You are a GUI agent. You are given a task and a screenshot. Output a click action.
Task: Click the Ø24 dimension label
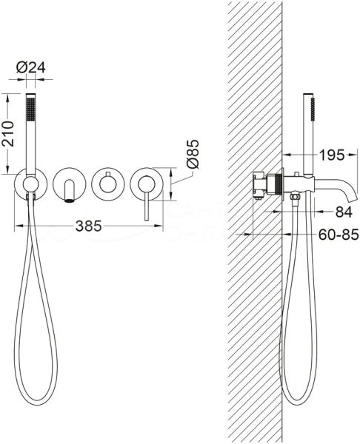tap(31, 67)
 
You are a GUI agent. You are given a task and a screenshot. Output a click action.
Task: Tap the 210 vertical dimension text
tap(7, 134)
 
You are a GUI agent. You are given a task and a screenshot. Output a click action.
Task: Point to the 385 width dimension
tap(88, 226)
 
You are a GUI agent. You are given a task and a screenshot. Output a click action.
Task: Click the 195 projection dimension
tap(332, 155)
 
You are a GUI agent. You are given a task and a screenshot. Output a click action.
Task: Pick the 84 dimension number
tap(344, 212)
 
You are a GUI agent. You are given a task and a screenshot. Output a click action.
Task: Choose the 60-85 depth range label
tap(339, 235)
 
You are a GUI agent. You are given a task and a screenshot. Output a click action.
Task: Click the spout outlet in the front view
tap(69, 201)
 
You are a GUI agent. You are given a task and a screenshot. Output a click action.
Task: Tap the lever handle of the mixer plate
tap(147, 202)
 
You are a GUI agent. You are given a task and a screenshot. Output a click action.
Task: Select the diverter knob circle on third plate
tap(107, 184)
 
